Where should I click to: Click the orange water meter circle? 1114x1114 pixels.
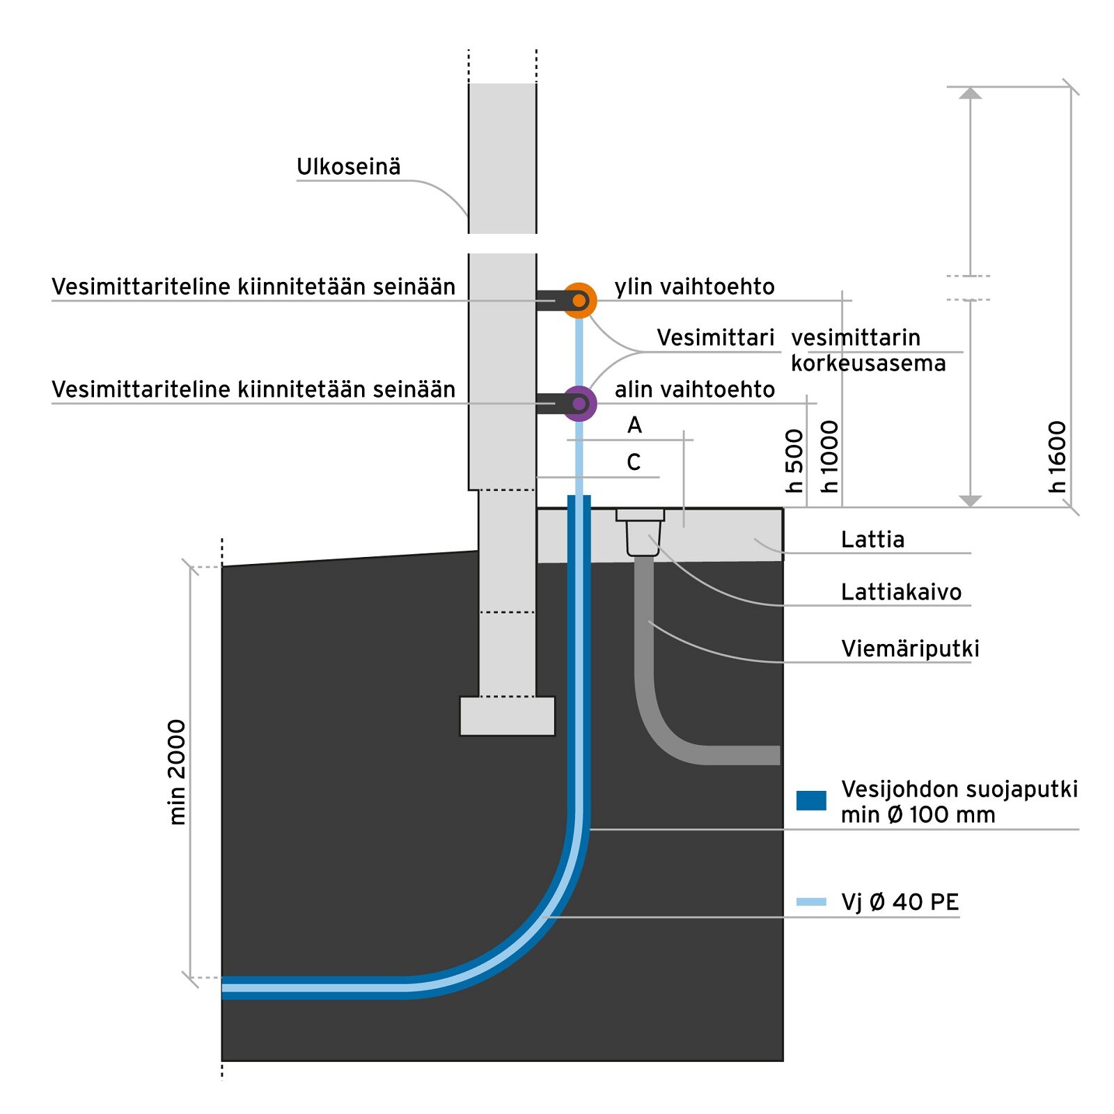pyautogui.click(x=579, y=301)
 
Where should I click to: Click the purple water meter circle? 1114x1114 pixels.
pyautogui.click(x=579, y=404)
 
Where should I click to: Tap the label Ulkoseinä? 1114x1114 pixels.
pyautogui.click(x=348, y=167)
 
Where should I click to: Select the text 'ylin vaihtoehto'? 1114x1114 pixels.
pyautogui.click(x=694, y=287)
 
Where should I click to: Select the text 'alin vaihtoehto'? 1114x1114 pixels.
pyautogui.click(x=694, y=389)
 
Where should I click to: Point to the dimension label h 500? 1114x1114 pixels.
pyautogui.click(x=794, y=461)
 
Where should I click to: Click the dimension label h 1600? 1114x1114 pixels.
pyautogui.click(x=1057, y=457)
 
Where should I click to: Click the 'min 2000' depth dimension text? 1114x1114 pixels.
pyautogui.click(x=178, y=772)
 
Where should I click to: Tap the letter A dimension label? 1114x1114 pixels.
pyautogui.click(x=634, y=425)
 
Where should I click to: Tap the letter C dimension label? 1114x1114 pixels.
pyautogui.click(x=634, y=462)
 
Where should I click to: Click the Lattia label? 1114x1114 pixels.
pyautogui.click(x=872, y=540)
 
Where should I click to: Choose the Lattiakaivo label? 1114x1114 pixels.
pyautogui.click(x=901, y=593)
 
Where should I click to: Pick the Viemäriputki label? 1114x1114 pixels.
pyautogui.click(x=910, y=649)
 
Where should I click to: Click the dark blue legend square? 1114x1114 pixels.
pyautogui.click(x=811, y=801)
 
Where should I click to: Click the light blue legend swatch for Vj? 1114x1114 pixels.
pyautogui.click(x=811, y=902)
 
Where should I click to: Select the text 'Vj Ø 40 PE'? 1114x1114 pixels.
pyautogui.click(x=900, y=902)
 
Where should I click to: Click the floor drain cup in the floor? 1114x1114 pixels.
pyautogui.click(x=641, y=533)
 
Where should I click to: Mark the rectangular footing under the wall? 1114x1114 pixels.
pyautogui.click(x=508, y=716)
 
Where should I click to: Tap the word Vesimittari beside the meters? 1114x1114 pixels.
pyautogui.click(x=715, y=338)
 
